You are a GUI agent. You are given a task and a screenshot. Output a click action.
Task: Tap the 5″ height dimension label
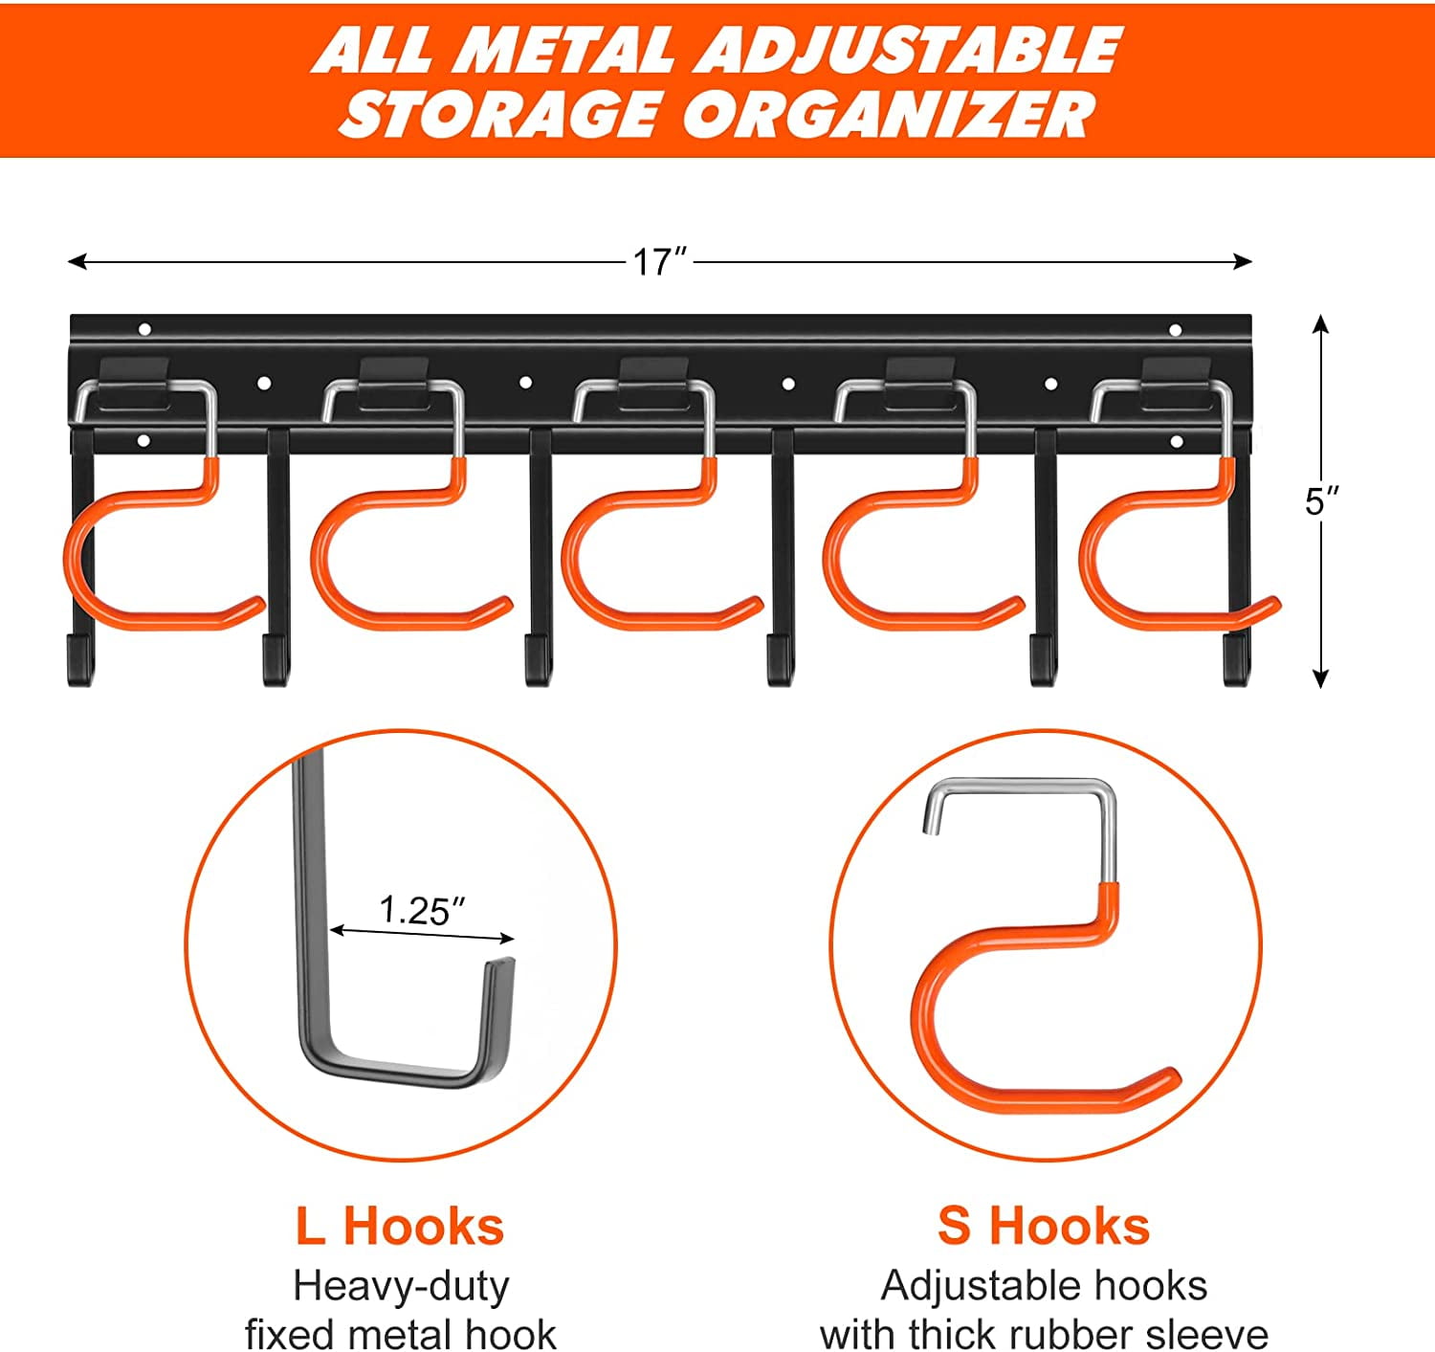click(1321, 500)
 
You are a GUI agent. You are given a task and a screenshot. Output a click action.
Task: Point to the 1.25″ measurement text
click(422, 910)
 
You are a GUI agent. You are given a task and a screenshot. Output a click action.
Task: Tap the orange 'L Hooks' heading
click(399, 1226)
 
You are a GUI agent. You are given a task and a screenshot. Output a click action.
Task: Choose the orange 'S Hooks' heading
click(1043, 1226)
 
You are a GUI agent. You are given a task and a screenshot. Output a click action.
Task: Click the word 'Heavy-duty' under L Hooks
click(401, 1285)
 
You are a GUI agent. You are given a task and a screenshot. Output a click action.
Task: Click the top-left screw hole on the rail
click(144, 329)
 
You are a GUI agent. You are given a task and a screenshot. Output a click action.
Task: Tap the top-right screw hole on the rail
click(1176, 330)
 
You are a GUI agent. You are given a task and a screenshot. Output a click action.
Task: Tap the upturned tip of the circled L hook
click(501, 968)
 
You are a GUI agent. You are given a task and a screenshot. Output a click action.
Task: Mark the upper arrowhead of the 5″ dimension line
click(1321, 323)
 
